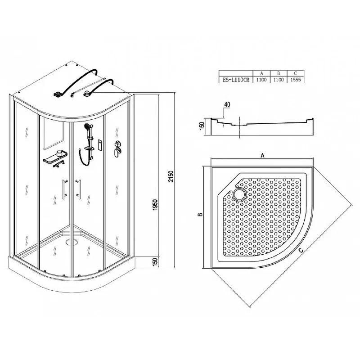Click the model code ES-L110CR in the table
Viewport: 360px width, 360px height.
(236, 80)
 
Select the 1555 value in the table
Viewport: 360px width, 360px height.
(296, 80)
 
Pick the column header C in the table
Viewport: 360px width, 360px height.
(296, 73)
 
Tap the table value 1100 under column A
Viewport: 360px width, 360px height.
(261, 80)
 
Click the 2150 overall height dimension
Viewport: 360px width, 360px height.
(171, 176)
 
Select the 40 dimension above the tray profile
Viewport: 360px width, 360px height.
(227, 104)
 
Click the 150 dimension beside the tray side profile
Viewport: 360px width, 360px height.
(202, 126)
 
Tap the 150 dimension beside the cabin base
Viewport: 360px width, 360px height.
(155, 262)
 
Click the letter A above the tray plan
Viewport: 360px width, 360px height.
(262, 156)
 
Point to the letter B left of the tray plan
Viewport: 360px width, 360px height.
(200, 214)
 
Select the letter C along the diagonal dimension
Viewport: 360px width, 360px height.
(301, 250)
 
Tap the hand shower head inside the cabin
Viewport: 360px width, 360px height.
(87, 126)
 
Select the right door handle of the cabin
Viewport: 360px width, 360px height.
(78, 189)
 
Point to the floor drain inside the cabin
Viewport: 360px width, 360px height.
(72, 241)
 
